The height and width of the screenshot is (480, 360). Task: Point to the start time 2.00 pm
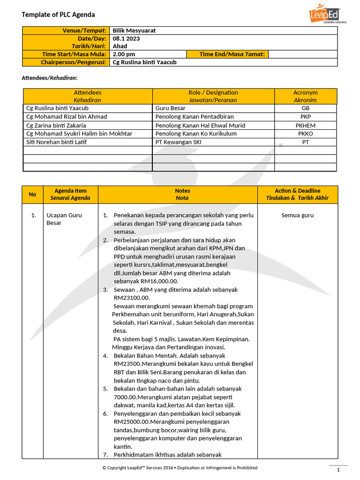pos(124,54)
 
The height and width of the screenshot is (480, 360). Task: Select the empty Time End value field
pos(302,54)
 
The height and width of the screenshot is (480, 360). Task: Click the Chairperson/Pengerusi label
pos(73,62)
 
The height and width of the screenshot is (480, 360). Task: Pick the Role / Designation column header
pos(213,96)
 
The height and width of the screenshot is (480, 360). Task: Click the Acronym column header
pos(305,96)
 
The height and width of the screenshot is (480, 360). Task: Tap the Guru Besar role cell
pos(170,108)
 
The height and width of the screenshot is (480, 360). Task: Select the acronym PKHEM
pos(305,125)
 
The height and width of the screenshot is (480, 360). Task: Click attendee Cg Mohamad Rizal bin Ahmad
pos(67,117)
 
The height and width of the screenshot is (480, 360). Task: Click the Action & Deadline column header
pos(297,194)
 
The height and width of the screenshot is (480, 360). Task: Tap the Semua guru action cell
pos(297,216)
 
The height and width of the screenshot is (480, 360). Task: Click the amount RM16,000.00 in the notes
pos(146,281)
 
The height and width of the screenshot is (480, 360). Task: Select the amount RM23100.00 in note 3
pos(132,298)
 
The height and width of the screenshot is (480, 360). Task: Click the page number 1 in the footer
pos(338,470)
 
